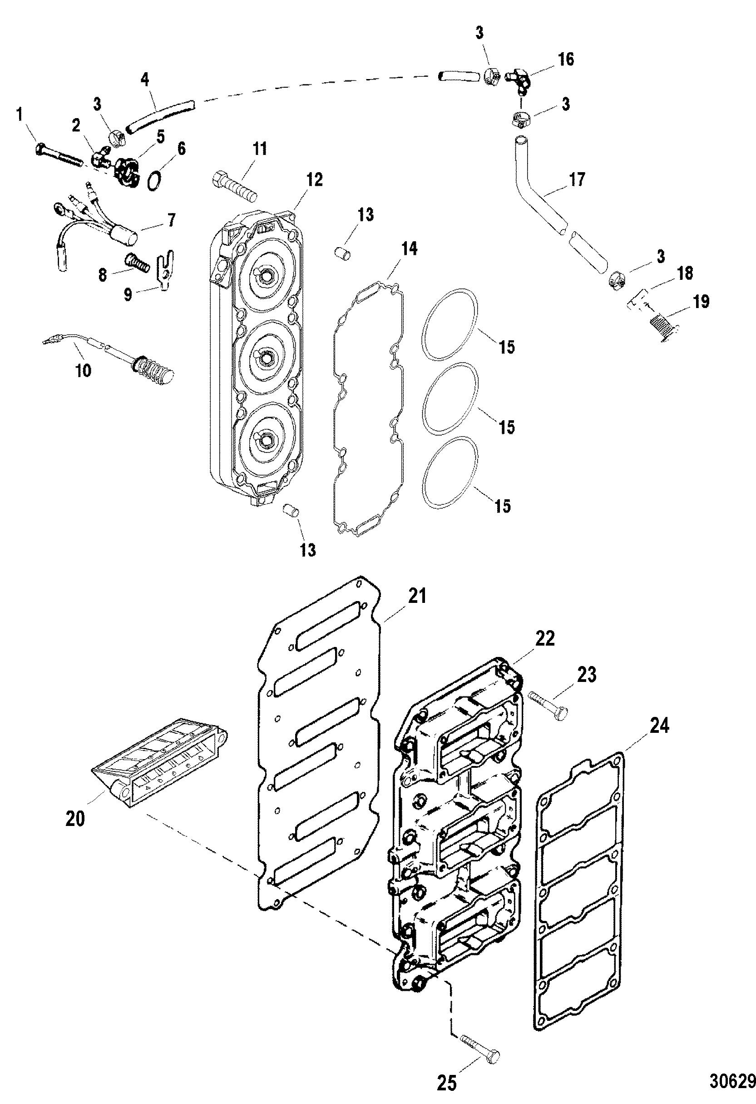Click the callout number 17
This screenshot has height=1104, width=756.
point(577,179)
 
